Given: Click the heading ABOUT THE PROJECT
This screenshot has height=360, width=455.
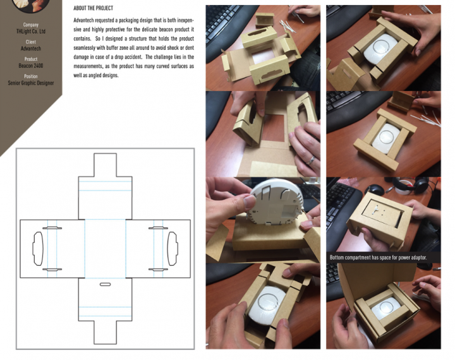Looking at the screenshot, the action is [93, 8].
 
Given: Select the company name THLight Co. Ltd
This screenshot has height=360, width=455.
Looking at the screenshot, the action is [31, 32].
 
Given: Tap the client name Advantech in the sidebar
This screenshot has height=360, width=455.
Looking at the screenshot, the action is [31, 49].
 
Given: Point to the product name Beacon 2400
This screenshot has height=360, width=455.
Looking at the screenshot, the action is [31, 66].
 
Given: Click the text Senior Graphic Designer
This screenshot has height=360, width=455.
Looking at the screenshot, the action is [31, 83].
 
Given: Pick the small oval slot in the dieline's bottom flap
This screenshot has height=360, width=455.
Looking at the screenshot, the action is [105, 284].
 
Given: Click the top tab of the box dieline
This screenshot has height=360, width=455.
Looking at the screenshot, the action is [105, 165].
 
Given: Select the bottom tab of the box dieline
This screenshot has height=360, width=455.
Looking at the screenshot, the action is [105, 332].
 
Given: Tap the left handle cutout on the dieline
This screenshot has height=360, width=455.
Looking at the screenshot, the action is [38, 249].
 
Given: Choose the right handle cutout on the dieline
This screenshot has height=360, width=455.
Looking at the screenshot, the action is [173, 249].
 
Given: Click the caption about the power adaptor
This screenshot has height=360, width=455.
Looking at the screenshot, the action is [378, 257].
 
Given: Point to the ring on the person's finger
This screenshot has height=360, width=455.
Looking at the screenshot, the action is [311, 160].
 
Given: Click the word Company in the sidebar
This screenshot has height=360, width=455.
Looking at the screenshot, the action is [31, 25].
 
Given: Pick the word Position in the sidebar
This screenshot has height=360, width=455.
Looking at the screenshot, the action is [31, 76].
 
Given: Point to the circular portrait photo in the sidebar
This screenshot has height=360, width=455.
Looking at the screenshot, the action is [31, 5].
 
